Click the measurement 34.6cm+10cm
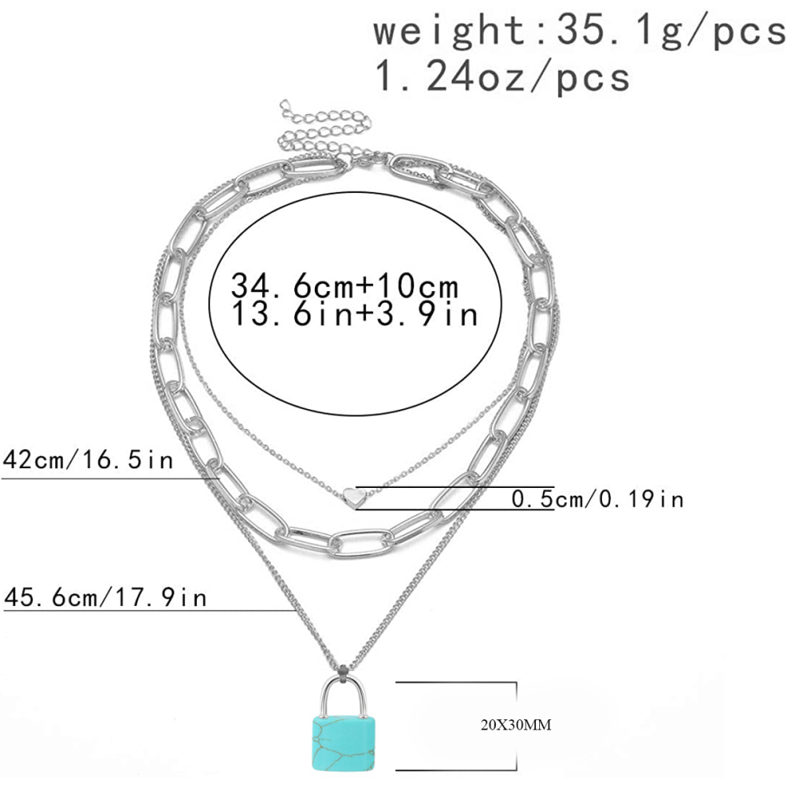(x=345, y=285)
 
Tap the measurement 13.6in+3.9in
(x=355, y=315)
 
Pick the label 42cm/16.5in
(x=87, y=460)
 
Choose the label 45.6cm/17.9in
(x=105, y=597)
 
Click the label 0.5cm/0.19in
(x=598, y=498)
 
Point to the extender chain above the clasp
(x=315, y=130)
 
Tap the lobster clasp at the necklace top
(x=364, y=161)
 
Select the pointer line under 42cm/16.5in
(x=110, y=478)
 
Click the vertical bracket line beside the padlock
(x=516, y=726)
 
